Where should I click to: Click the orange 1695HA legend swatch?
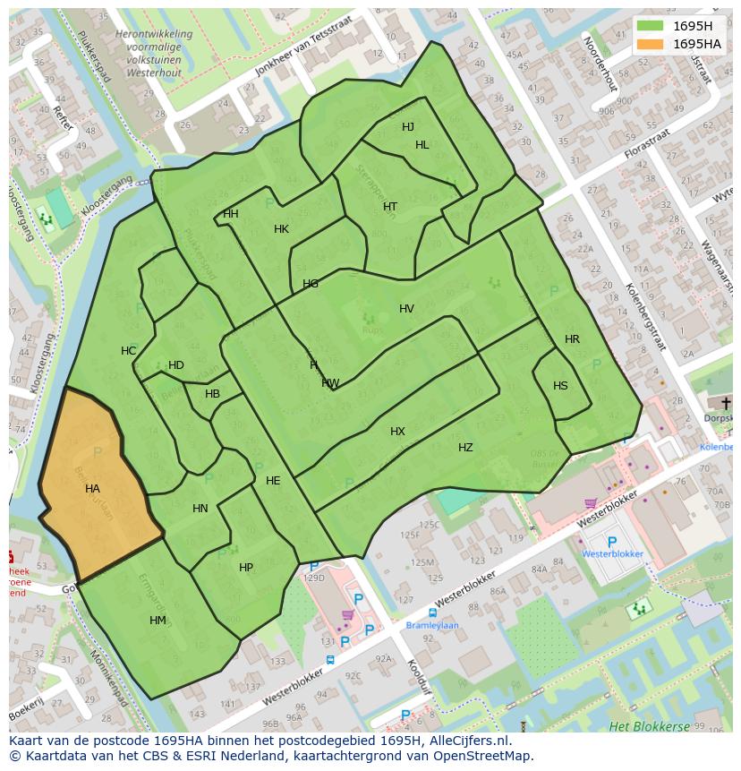(651, 44)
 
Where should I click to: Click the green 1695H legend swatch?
(651, 26)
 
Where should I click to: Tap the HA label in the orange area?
(92, 489)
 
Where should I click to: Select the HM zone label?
(158, 621)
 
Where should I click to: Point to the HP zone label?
(246, 568)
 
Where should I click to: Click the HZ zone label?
(465, 448)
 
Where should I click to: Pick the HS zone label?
(560, 386)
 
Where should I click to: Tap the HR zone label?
(572, 339)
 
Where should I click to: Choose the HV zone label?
(406, 309)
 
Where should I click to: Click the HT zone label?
(390, 207)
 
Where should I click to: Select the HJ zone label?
(408, 127)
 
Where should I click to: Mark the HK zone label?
(281, 229)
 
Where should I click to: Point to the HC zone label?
(129, 351)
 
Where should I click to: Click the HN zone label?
(200, 509)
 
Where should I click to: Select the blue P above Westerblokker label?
(612, 542)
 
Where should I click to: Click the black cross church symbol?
(726, 403)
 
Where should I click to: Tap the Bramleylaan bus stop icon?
(432, 613)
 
